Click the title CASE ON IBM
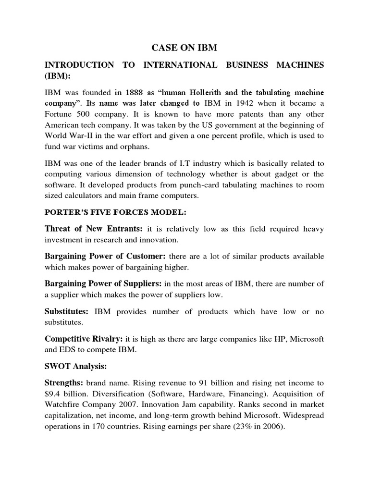coord(185,48)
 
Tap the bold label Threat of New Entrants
coord(89,229)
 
